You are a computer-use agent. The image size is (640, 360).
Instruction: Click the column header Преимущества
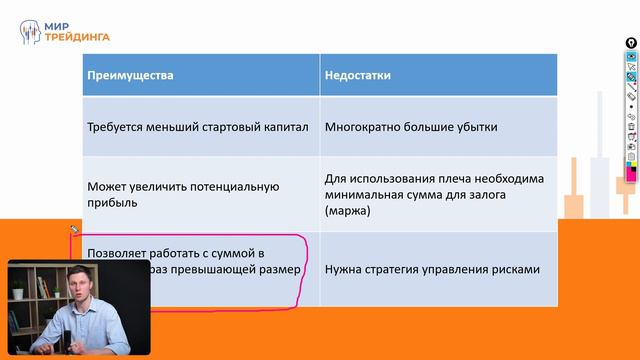click(x=130, y=75)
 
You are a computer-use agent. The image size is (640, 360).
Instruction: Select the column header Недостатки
click(x=357, y=75)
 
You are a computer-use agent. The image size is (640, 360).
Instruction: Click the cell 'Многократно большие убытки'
click(x=410, y=127)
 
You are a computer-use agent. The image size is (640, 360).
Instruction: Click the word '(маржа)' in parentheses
click(x=347, y=212)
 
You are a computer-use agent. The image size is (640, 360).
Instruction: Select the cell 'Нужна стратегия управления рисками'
click(x=432, y=269)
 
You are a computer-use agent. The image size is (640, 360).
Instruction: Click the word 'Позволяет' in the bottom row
click(x=116, y=254)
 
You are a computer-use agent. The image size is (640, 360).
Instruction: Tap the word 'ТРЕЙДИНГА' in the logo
click(x=77, y=37)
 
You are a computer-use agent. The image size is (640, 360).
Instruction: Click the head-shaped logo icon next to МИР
click(x=31, y=31)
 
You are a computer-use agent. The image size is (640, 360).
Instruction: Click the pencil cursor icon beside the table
click(x=74, y=230)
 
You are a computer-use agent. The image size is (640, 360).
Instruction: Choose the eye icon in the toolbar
click(x=631, y=57)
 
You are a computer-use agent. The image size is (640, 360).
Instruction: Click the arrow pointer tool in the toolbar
click(x=631, y=67)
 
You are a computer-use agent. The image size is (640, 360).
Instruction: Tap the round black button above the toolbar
click(x=631, y=43)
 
